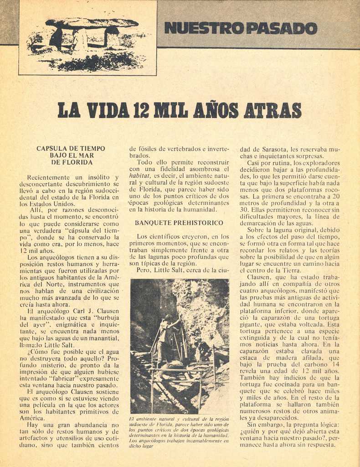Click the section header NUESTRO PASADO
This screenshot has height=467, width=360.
240,28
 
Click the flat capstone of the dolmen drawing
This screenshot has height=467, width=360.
92,23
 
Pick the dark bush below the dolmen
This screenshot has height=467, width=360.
98,62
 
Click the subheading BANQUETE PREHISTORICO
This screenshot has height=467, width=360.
179,223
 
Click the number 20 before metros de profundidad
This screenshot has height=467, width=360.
336,196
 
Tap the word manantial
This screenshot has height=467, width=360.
103,338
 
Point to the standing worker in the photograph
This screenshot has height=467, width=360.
165,337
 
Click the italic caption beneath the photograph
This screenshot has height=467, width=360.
179,432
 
